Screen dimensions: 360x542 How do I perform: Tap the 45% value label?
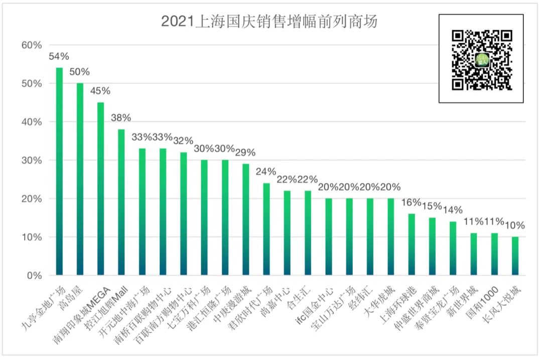[100, 91]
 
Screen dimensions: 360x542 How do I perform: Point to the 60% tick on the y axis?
[32, 45]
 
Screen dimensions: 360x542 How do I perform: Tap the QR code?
[481, 59]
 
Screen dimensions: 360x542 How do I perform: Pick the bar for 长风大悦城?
[515, 256]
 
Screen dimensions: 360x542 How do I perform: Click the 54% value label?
[59, 56]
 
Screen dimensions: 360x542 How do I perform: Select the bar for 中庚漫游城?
[246, 220]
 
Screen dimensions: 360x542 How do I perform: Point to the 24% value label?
[266, 171]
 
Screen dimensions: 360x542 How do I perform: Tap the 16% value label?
[412, 203]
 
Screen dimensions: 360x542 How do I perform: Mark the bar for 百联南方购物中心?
[184, 214]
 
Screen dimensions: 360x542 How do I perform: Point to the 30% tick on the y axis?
[32, 160]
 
